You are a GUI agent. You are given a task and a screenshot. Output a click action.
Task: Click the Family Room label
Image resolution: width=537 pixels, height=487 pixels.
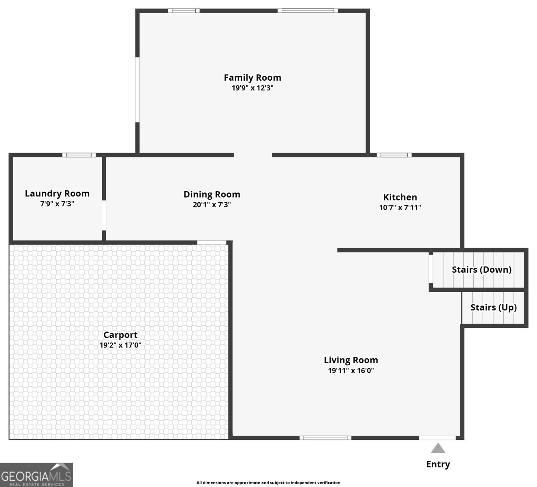252,78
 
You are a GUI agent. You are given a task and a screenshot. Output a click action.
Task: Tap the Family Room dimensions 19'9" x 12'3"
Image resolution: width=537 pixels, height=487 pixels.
252,88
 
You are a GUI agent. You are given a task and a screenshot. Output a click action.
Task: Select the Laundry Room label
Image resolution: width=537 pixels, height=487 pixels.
57,194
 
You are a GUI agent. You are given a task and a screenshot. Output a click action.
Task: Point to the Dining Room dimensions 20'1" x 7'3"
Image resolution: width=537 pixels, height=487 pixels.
212,205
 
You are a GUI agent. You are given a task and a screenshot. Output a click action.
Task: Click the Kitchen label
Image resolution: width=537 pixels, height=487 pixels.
400,197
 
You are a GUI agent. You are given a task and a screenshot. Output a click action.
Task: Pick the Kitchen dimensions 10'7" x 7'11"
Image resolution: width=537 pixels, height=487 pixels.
400,207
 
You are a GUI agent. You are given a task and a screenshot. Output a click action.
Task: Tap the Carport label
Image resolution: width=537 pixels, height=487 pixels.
120,335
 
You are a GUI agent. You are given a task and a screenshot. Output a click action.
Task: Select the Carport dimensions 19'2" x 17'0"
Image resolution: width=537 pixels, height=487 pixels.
120,345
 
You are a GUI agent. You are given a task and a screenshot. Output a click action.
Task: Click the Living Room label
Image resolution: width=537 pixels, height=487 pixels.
351,360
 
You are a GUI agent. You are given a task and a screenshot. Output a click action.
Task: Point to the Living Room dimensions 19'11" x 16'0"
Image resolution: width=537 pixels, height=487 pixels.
351,371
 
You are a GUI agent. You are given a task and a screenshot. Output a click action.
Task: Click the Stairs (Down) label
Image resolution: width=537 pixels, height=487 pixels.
481,269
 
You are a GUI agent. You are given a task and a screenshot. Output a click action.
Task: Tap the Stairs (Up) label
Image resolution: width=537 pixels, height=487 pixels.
494,307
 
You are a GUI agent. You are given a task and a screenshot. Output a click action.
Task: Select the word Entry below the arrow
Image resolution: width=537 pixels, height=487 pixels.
438,464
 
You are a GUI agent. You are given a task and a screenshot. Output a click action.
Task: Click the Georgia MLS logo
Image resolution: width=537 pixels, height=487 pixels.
36,475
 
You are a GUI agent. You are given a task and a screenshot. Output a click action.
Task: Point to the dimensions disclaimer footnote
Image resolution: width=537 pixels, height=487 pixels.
268,483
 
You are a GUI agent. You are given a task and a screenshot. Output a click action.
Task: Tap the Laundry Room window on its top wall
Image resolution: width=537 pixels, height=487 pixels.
79,155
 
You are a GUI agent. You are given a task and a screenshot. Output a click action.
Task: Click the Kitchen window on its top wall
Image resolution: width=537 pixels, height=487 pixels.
394,155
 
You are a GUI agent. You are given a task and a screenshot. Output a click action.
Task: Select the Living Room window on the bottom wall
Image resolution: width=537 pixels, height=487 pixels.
325,438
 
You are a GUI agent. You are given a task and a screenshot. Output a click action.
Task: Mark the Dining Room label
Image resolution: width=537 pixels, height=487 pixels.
212,194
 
